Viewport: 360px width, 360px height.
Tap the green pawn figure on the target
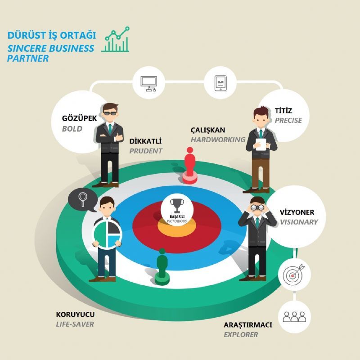coord(162,267)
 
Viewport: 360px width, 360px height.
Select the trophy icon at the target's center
coord(177,206)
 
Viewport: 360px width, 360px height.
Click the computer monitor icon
coord(148,84)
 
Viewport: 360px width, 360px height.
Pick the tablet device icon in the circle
coord(220,83)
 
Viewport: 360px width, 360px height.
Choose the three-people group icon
coord(294,317)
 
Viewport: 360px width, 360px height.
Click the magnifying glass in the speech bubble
coord(83,199)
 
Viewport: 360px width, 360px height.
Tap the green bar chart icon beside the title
coord(116,39)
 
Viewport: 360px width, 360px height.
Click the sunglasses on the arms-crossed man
coord(110,113)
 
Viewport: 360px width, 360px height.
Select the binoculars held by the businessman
coord(257,207)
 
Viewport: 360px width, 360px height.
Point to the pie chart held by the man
coord(107,234)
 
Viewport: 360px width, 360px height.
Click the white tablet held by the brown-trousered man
coord(261,144)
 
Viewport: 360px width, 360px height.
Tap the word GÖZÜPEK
coord(80,118)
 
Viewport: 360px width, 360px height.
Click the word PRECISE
coord(288,120)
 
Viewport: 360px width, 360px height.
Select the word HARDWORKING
coord(218,139)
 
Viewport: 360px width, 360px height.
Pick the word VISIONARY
coord(299,222)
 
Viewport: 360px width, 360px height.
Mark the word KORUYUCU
coord(75,314)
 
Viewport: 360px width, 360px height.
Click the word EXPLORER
coord(241,335)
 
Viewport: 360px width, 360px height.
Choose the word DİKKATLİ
coord(145,141)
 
